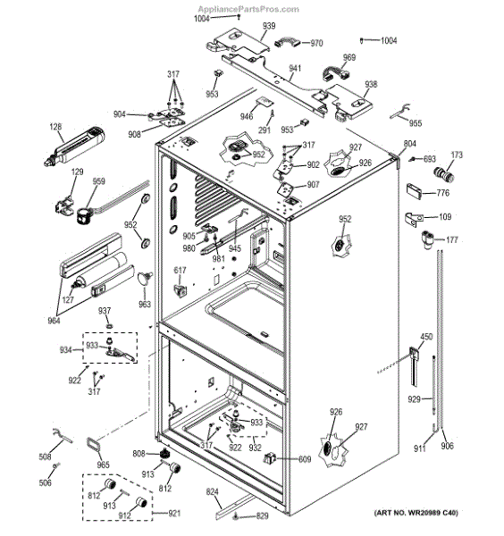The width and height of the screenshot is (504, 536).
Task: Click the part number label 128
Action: [x=55, y=127]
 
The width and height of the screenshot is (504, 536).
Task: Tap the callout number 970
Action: [x=316, y=43]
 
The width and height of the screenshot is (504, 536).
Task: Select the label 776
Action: [x=443, y=193]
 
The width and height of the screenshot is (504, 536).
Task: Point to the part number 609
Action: [x=305, y=459]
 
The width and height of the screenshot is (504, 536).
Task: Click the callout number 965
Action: [x=103, y=465]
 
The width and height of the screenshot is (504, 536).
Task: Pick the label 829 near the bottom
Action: [x=262, y=515]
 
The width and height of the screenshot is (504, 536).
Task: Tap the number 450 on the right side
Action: [x=426, y=337]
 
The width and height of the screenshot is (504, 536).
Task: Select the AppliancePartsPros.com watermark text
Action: [x=248, y=9]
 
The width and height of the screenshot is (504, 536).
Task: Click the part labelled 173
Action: [x=444, y=175]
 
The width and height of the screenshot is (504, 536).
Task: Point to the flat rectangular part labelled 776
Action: [x=414, y=191]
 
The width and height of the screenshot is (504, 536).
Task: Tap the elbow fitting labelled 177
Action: [x=427, y=239]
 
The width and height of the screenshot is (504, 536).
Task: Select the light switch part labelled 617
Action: [x=181, y=290]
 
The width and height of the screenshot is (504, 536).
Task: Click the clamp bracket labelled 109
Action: [x=414, y=220]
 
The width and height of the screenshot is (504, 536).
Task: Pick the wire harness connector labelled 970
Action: [x=287, y=42]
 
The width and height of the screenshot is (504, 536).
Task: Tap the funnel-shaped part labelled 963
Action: [x=145, y=278]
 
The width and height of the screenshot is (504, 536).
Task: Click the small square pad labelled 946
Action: [x=265, y=102]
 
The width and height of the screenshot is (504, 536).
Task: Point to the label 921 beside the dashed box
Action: [x=174, y=514]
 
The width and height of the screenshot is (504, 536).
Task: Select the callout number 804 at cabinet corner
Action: [x=410, y=144]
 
